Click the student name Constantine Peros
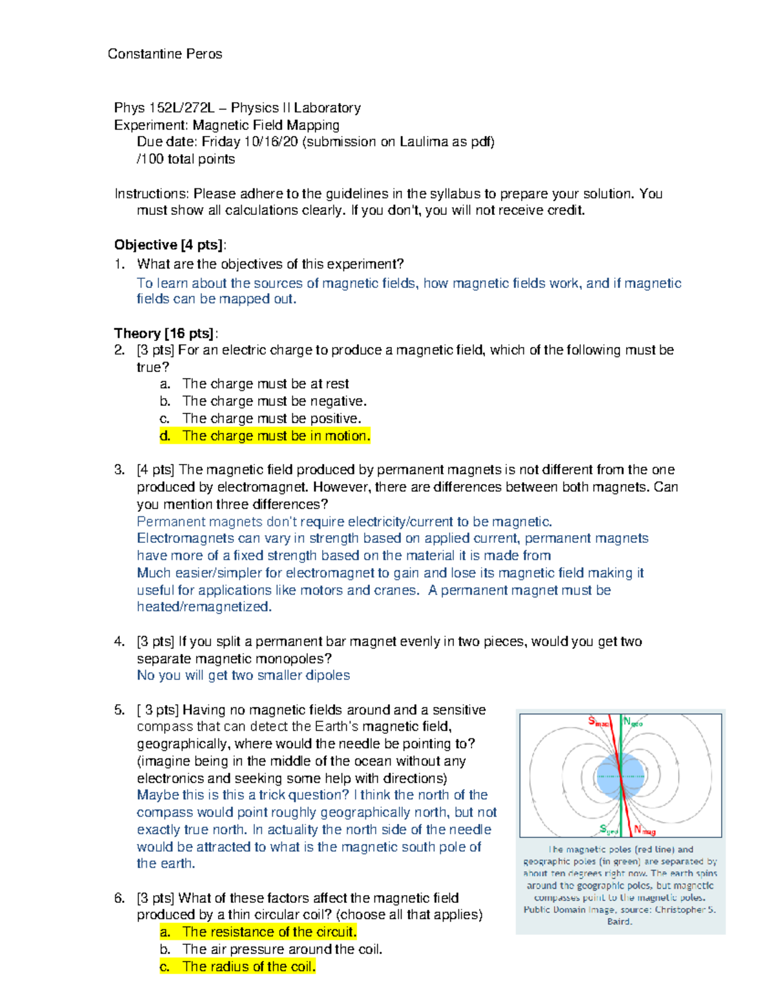[x=165, y=54]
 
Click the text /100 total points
[x=186, y=159]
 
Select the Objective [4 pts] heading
[x=170, y=245]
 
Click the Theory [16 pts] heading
[x=166, y=333]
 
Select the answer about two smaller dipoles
[x=243, y=676]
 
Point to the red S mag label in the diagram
[x=599, y=722]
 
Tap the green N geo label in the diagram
[x=632, y=722]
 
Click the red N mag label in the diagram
[x=645, y=830]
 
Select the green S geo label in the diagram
[x=609, y=830]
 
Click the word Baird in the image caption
[x=620, y=922]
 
